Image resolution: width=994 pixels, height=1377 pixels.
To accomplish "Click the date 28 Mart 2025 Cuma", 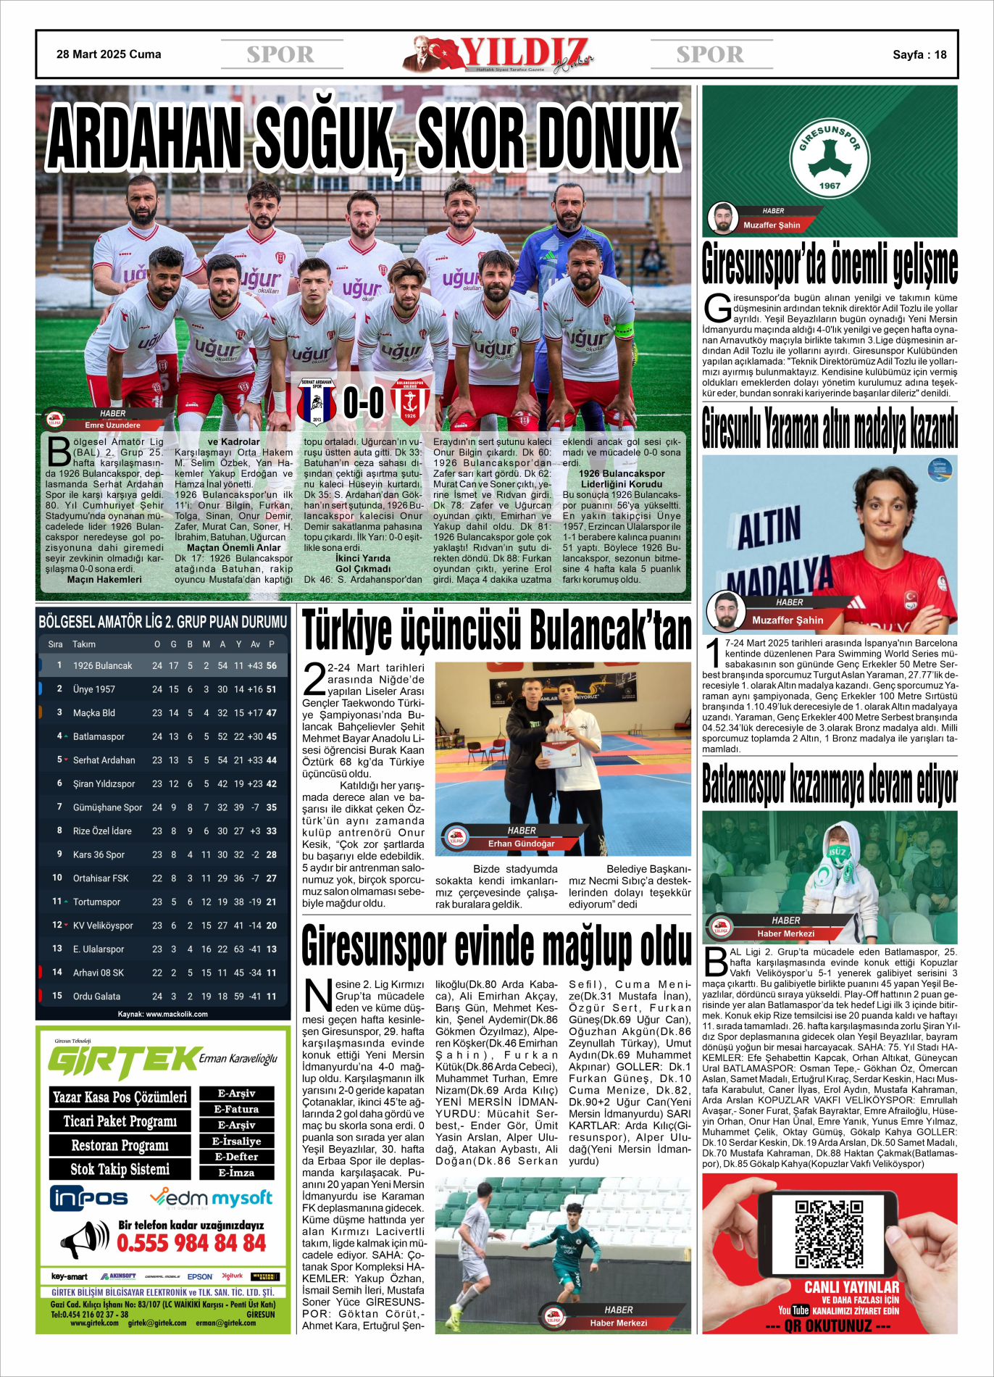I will [109, 54].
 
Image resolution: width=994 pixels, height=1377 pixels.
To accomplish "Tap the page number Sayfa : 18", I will [919, 54].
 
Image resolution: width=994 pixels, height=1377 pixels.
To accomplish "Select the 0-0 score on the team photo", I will [363, 403].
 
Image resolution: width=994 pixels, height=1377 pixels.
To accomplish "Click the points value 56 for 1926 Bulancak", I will [272, 665].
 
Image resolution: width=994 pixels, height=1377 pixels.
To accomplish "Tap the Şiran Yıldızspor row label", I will [104, 783].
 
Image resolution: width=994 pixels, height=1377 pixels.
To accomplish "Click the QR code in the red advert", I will [830, 1234].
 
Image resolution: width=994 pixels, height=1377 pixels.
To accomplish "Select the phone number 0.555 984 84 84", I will [191, 1244].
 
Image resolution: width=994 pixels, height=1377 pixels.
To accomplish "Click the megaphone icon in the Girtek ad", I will [84, 1239].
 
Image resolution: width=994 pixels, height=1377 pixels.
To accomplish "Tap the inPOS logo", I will [89, 1199].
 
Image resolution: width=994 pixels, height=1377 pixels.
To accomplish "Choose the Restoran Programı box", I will [120, 1145].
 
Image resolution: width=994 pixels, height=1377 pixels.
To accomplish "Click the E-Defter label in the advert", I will [236, 1157].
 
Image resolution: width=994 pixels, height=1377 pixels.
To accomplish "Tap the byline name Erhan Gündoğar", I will [521, 844].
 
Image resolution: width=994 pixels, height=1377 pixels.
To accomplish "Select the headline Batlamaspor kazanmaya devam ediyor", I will [830, 784].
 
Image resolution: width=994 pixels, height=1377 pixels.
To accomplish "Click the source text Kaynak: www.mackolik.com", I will [163, 1014].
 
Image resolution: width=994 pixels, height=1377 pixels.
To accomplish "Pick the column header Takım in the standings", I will [84, 644].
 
